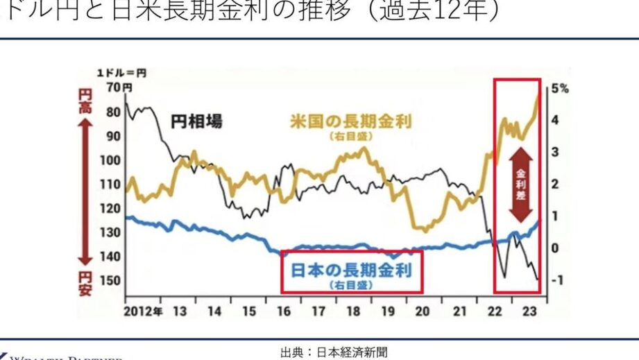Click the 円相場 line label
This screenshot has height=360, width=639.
click(197, 121)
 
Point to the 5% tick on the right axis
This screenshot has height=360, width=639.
click(560, 88)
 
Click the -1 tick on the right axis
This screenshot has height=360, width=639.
click(556, 280)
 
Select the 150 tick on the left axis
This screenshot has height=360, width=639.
click(111, 281)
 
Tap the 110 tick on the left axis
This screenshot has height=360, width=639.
click(111, 185)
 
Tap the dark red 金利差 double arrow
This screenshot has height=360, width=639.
click(520, 186)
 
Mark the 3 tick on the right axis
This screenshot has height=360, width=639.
click(556, 152)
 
